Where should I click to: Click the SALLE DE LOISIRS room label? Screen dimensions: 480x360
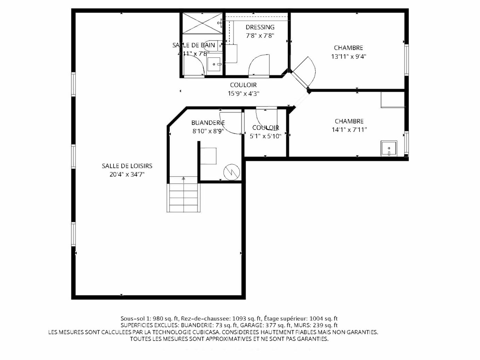[x=127, y=166]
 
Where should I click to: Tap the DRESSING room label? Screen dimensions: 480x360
[x=260, y=27]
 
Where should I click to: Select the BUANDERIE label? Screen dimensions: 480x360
[x=208, y=123]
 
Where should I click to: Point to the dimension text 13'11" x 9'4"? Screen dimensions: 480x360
[x=349, y=56]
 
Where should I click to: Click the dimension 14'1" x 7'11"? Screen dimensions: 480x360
[x=349, y=130]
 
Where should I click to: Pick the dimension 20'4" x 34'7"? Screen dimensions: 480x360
[x=127, y=174]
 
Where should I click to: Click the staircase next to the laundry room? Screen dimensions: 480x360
[x=184, y=194]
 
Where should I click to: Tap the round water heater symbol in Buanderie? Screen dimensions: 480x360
[x=232, y=172]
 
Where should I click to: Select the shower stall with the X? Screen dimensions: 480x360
[x=202, y=23]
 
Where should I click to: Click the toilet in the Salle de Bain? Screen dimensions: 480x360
[x=213, y=46]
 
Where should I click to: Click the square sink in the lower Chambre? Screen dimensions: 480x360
[x=389, y=148]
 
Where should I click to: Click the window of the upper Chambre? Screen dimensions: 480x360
[x=406, y=60]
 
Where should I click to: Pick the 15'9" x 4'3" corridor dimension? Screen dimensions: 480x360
[x=244, y=94]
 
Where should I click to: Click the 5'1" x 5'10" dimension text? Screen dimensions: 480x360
[x=266, y=136]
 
